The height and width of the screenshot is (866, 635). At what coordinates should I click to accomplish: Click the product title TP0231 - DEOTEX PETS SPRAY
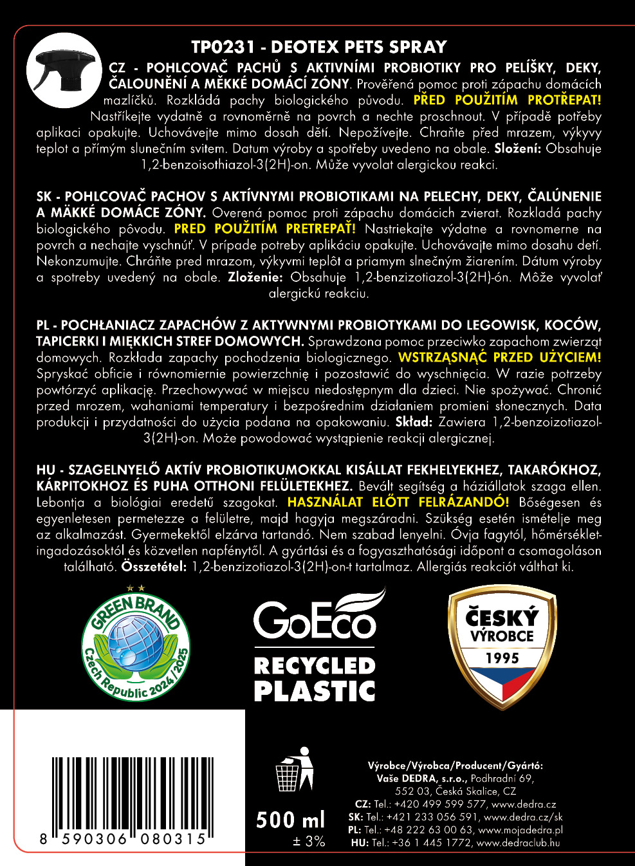click(319, 47)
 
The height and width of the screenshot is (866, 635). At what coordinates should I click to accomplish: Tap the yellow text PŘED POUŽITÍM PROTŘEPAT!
click(507, 100)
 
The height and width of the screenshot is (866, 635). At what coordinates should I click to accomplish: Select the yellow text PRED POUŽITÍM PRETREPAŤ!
click(264, 229)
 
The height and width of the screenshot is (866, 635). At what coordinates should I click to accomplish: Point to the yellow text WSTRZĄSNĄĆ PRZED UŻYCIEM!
click(499, 358)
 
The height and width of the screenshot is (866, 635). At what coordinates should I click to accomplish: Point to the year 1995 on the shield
click(502, 658)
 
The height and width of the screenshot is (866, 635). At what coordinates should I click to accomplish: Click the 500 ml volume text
click(291, 820)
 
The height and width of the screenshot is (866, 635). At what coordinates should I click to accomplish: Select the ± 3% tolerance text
click(309, 842)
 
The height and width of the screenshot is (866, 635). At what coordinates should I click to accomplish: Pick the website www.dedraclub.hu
click(518, 843)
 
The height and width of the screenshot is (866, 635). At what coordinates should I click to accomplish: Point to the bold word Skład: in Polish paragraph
click(413, 422)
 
